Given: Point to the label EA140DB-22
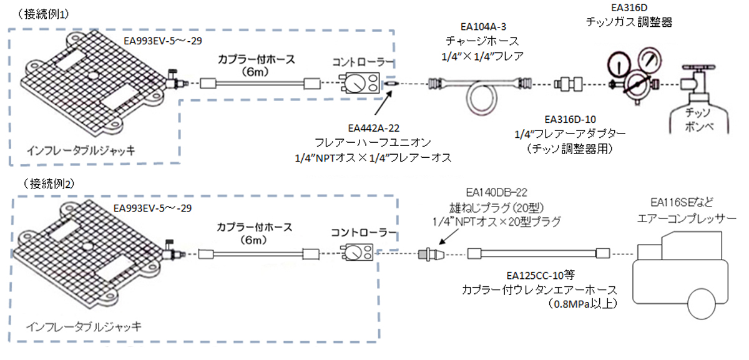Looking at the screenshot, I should click(x=497, y=193).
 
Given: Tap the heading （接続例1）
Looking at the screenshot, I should click(x=44, y=14).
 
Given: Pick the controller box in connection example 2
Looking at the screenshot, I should click(x=358, y=252).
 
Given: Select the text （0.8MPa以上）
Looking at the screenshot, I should click(x=582, y=303).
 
